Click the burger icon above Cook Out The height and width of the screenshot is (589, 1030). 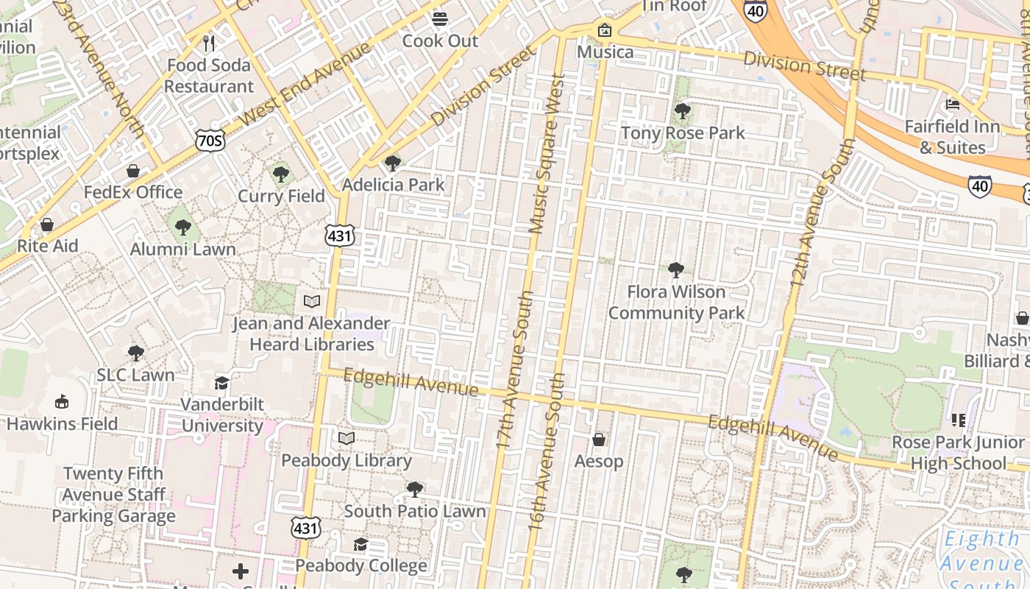[x=440, y=18]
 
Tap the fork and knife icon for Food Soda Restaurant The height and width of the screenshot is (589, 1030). [x=209, y=43]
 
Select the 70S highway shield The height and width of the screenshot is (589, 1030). [x=210, y=140]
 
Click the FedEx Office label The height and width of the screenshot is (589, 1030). [x=132, y=192]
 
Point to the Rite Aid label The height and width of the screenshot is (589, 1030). [x=47, y=246]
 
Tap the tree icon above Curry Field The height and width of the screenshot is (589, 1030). [x=280, y=174]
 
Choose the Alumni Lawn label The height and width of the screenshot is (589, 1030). [x=183, y=250]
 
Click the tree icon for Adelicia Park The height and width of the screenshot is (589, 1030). [x=393, y=163]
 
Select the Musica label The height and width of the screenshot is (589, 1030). [x=605, y=52]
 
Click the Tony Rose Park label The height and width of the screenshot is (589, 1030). [x=683, y=133]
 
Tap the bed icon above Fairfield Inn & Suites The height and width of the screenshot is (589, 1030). [x=953, y=104]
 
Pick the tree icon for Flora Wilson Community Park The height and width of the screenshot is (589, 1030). [x=676, y=270]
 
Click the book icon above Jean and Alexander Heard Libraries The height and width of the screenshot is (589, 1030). [x=312, y=301]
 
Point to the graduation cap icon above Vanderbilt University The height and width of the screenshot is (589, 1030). [x=221, y=383]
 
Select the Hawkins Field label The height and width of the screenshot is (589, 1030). [x=62, y=424]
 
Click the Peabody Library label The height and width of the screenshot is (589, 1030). [x=347, y=461]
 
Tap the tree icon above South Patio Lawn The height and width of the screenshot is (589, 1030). [x=415, y=489]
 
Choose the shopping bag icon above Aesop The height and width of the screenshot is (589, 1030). [x=599, y=440]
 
